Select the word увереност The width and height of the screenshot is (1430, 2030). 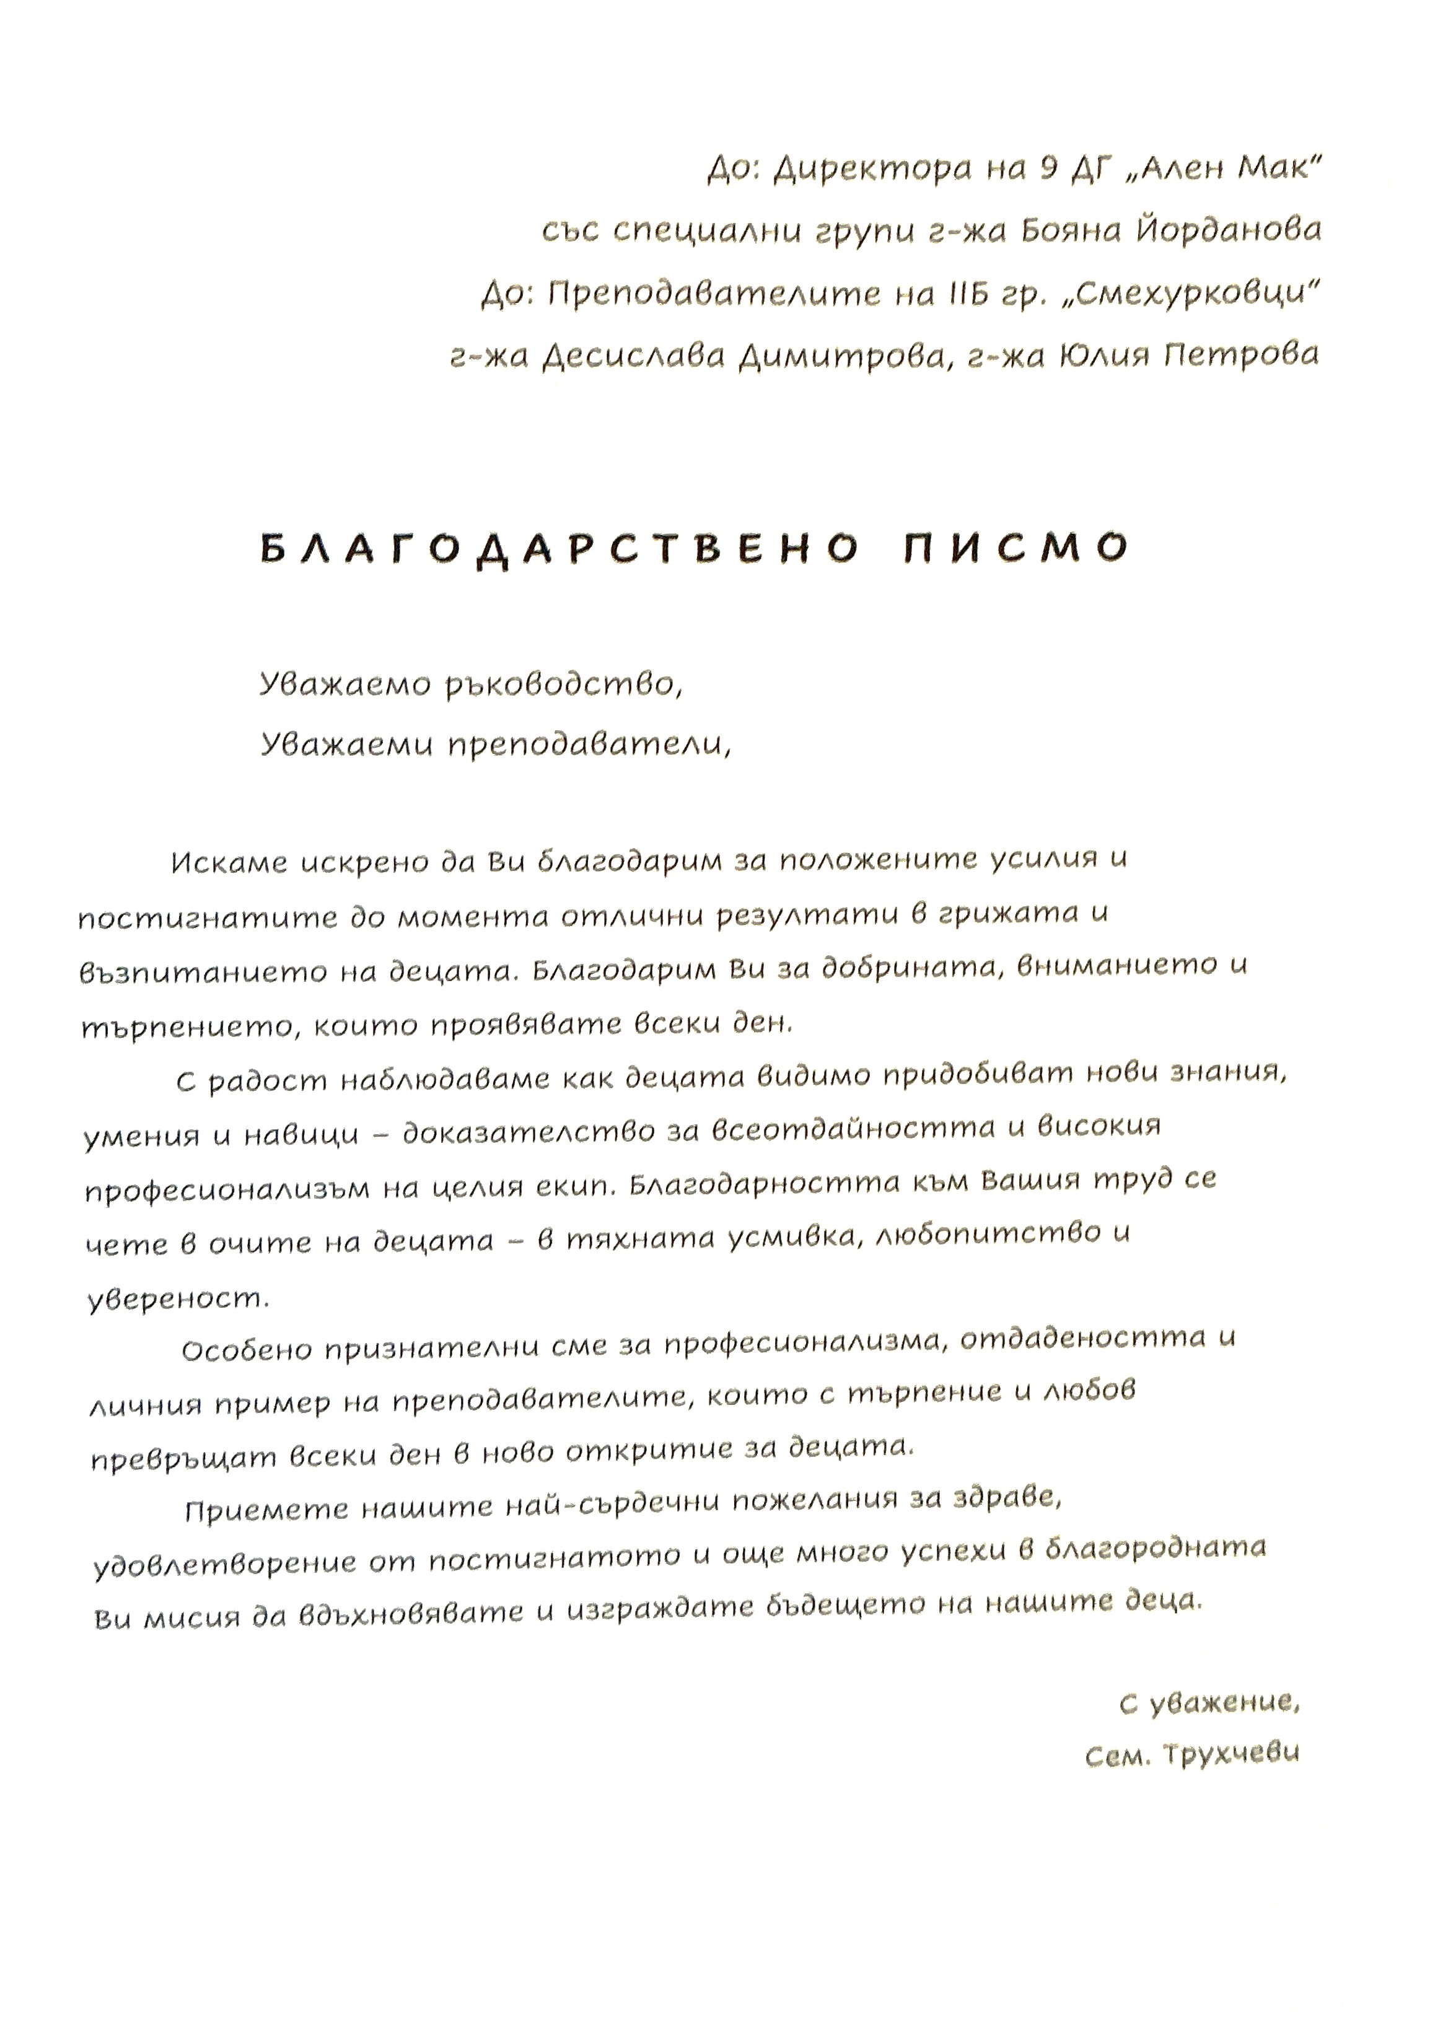[x=177, y=1299]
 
